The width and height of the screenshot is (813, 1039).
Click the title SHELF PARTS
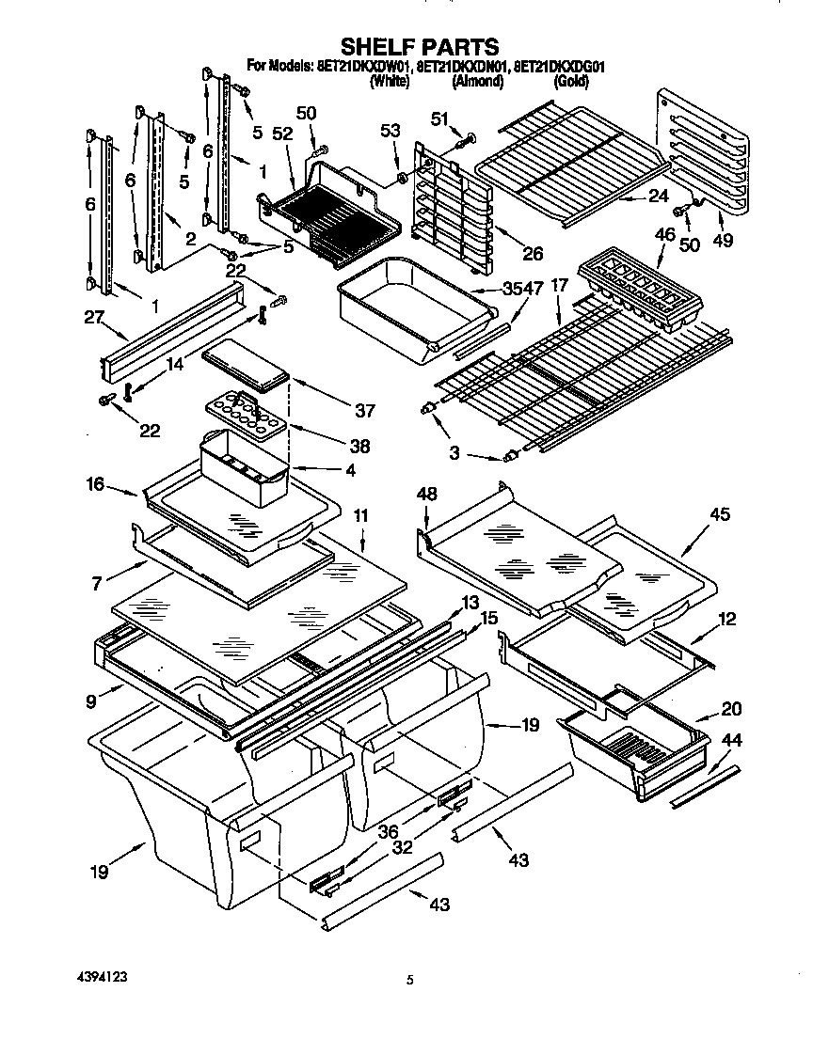[419, 46]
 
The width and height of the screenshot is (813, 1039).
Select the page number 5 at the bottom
[409, 980]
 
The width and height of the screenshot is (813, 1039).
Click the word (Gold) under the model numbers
[571, 83]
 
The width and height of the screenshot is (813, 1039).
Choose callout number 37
[366, 410]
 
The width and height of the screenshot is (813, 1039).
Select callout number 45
[720, 514]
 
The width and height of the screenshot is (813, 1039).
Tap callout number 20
[730, 708]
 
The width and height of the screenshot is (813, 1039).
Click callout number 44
[732, 741]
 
